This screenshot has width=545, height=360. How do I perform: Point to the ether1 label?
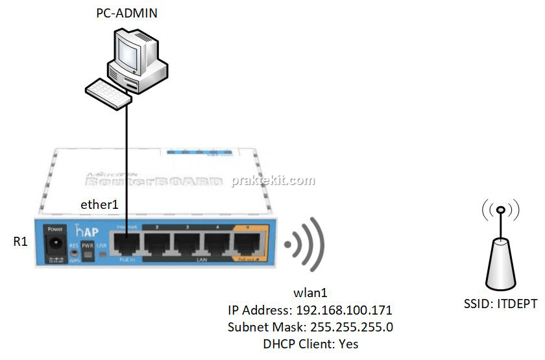coord(100,204)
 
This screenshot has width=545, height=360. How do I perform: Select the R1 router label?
coord(21,242)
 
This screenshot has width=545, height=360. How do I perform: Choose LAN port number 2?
coord(158,245)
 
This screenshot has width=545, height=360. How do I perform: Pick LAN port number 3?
coord(188,245)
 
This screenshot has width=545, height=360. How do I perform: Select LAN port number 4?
coord(219,245)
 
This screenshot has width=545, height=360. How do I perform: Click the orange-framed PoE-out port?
coord(250,245)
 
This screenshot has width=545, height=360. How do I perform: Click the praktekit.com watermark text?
coord(273,181)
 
